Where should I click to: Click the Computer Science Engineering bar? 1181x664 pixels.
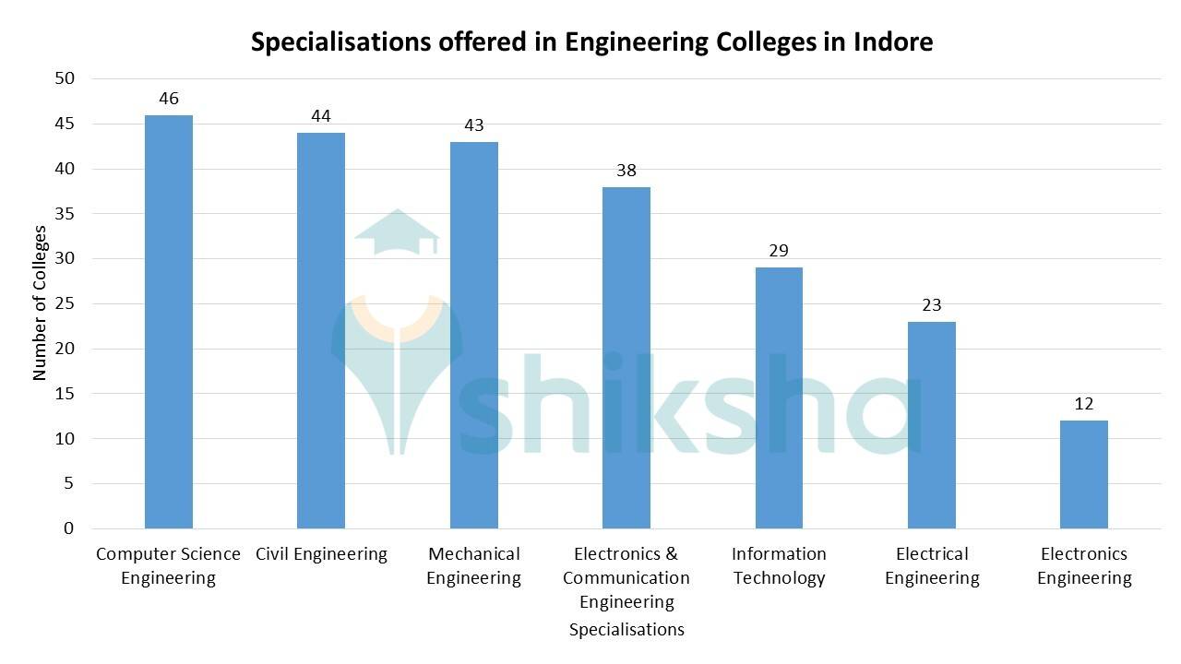[169, 322]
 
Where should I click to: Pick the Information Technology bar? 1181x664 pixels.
[779, 397]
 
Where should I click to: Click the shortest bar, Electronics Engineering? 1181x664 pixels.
[1084, 474]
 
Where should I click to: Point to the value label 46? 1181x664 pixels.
[169, 99]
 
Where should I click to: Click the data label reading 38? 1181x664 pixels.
[626, 171]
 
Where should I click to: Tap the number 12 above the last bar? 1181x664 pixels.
[1084, 404]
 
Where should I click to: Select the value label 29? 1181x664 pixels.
[779, 251]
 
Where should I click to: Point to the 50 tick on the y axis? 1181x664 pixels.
[65, 79]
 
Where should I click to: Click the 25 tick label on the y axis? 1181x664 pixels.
[65, 304]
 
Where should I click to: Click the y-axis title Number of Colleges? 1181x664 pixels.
[40, 303]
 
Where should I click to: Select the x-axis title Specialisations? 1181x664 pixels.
[626, 630]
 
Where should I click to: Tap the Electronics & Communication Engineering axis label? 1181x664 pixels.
[626, 578]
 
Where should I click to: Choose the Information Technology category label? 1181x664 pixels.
[779, 566]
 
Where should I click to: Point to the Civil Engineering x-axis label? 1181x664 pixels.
[321, 554]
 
